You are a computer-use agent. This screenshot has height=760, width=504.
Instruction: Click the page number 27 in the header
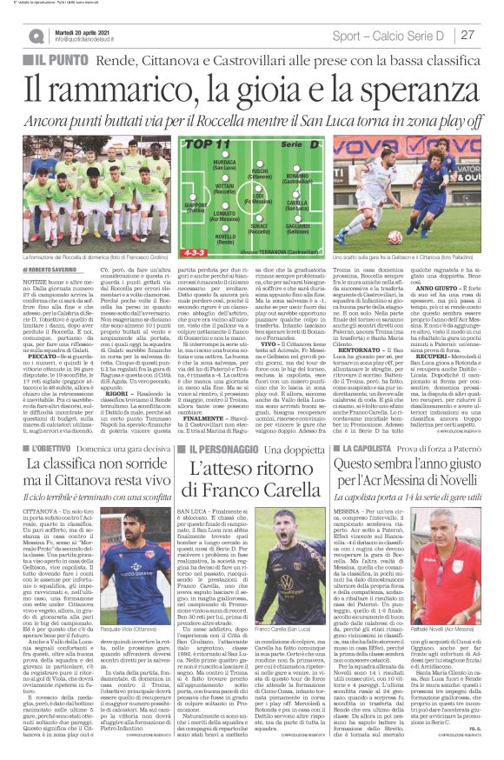click(468, 35)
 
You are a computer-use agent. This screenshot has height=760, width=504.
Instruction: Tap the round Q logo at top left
click(36, 36)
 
